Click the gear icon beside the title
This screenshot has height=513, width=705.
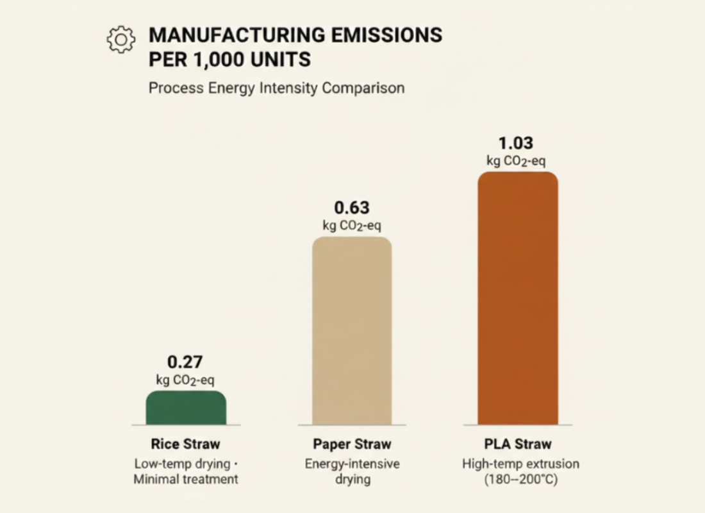[x=121, y=39]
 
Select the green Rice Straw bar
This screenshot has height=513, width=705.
[x=186, y=408]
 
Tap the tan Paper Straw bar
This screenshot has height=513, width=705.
[x=352, y=330]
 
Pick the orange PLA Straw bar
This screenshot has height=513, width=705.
[x=518, y=298]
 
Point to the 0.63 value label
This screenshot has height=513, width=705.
[x=352, y=208]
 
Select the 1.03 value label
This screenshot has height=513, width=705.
[x=516, y=143]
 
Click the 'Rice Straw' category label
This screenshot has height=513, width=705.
[x=185, y=444]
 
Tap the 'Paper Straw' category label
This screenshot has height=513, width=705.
[x=352, y=444]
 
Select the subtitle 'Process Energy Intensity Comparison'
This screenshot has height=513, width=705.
[x=276, y=88]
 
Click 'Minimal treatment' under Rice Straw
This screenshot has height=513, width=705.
[x=186, y=479]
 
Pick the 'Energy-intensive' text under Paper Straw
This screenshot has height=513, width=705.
[x=352, y=463]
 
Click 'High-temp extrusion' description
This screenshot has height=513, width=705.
[x=520, y=463]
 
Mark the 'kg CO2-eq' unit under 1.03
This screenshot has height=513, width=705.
[x=516, y=161]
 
